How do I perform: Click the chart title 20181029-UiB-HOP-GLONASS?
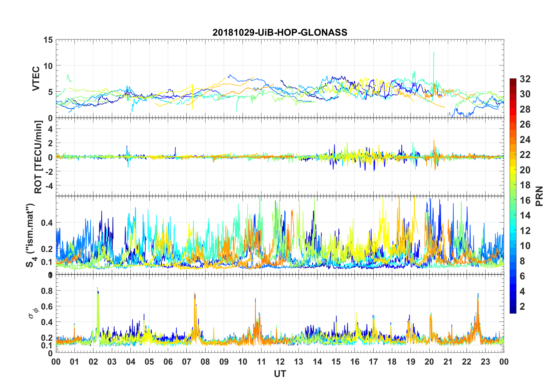click(x=280, y=32)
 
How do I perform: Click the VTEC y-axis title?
click(x=36, y=79)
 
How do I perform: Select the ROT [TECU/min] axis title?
click(x=38, y=157)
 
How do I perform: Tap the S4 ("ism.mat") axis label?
click(x=30, y=235)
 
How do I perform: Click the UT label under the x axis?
click(x=280, y=374)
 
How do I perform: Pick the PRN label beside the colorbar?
click(x=539, y=196)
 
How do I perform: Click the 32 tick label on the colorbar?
click(x=525, y=79)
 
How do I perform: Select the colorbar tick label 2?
click(x=522, y=307)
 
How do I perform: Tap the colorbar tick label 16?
click(x=525, y=200)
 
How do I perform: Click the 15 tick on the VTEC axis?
click(x=48, y=40)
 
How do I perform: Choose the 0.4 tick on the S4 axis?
click(x=47, y=223)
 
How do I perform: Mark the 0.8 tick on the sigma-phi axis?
click(x=47, y=291)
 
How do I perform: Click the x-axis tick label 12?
click(x=280, y=362)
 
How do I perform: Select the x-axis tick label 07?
click(x=187, y=362)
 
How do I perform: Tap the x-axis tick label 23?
click(x=485, y=362)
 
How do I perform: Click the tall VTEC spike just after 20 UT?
click(x=434, y=53)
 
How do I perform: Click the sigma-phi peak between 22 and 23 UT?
click(x=478, y=294)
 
